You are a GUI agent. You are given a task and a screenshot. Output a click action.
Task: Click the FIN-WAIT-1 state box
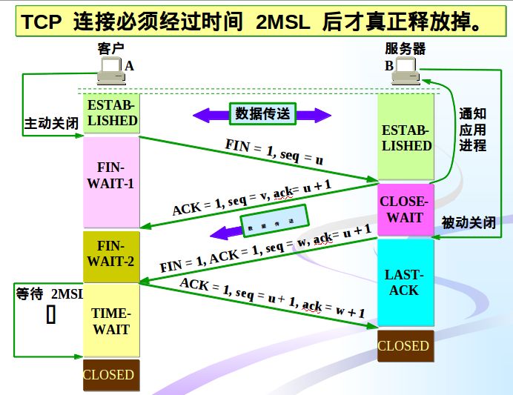click(x=111, y=182)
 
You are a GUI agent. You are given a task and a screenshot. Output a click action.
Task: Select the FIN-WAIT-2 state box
click(x=111, y=256)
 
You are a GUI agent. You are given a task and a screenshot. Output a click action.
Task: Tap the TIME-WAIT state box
click(x=111, y=321)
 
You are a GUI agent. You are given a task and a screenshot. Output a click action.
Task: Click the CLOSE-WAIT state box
click(x=405, y=210)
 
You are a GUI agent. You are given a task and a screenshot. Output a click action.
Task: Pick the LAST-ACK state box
click(x=405, y=282)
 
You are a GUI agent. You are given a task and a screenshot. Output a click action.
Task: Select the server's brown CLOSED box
click(x=403, y=346)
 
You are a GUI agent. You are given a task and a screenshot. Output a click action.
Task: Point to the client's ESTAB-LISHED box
click(x=112, y=113)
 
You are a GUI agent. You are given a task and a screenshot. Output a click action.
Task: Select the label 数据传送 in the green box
click(x=262, y=113)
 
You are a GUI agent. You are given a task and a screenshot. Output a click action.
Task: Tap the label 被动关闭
click(x=469, y=222)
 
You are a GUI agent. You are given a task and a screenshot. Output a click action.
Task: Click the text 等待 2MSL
click(x=49, y=293)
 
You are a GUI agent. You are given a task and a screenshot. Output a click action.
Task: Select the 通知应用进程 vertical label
click(x=472, y=130)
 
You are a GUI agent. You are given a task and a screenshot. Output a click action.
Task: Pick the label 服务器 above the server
click(x=405, y=49)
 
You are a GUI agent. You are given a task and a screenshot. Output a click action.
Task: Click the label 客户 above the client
click(x=110, y=49)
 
